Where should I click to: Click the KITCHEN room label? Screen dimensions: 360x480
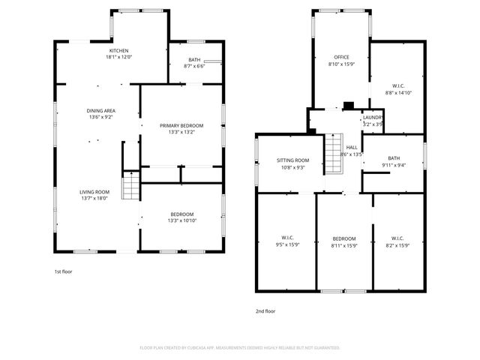(118, 51)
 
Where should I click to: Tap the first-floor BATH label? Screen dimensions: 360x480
(193, 60)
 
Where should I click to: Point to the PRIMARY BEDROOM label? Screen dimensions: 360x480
(181, 125)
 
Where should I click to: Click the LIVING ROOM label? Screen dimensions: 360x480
(94, 193)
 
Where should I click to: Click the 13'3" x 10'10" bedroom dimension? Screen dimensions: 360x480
(181, 220)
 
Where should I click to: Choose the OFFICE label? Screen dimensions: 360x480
(342, 57)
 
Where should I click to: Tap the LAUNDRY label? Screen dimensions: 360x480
(373, 118)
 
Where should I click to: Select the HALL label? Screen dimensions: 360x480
(352, 147)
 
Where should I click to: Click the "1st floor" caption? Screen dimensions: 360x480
(63, 271)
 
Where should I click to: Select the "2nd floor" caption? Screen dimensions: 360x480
(265, 310)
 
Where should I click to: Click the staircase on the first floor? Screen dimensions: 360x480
(131, 186)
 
